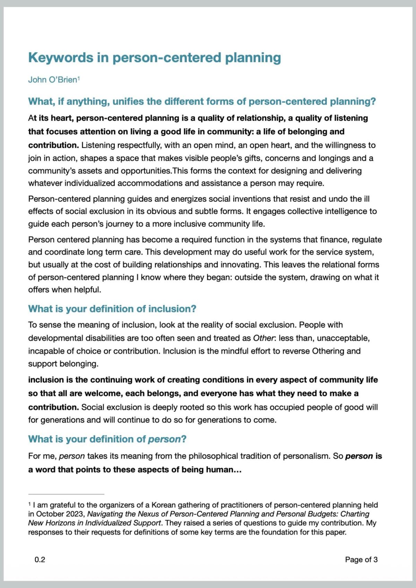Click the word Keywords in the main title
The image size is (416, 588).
(61, 58)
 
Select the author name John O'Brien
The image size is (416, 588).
(52, 80)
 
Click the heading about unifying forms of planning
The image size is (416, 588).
(202, 102)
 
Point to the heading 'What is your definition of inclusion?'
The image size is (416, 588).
(112, 309)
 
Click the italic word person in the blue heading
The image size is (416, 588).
(164, 439)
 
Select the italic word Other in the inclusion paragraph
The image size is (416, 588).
(263, 338)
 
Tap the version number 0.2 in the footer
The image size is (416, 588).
(40, 560)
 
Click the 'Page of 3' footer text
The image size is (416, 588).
(361, 560)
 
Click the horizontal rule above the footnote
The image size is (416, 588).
(66, 494)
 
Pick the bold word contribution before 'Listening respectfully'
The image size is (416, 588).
(53, 145)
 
